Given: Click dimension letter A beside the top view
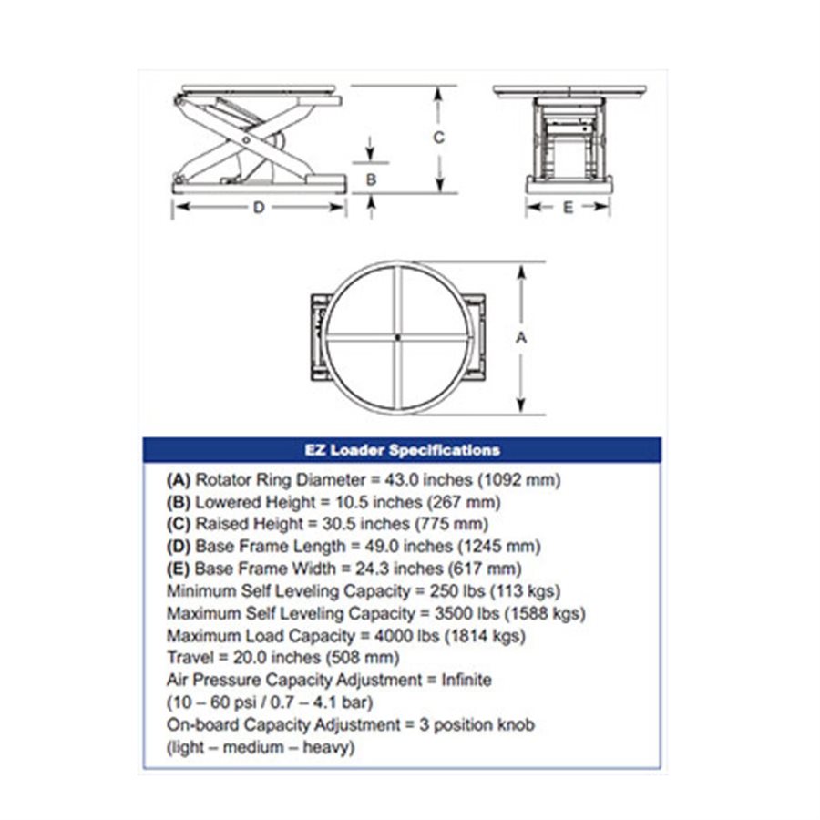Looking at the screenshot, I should tap(521, 337).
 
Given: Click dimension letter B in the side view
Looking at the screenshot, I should tap(371, 179).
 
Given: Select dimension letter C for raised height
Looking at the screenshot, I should tap(438, 138).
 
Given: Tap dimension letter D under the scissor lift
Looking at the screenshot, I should tap(259, 208).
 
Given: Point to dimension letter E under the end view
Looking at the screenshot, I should tap(568, 208).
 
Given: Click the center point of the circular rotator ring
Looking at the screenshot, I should tap(398, 338).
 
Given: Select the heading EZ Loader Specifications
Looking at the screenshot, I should tap(402, 450).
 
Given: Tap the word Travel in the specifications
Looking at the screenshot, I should tap(188, 657).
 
